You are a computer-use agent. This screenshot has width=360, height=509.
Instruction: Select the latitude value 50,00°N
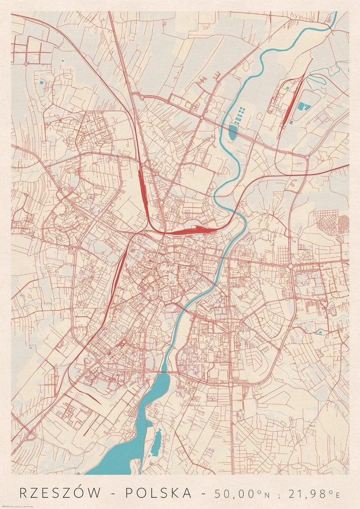pyautogui.click(x=242, y=494)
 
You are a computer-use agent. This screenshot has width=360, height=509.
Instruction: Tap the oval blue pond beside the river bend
pyautogui.click(x=233, y=132)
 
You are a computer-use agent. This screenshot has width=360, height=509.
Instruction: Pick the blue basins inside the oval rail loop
pyautogui.click(x=303, y=105)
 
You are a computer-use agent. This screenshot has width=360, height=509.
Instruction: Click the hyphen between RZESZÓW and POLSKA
pyautogui.click(x=118, y=494)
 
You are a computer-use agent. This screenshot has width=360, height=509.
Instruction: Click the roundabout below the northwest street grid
pyautogui.click(x=25, y=64)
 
